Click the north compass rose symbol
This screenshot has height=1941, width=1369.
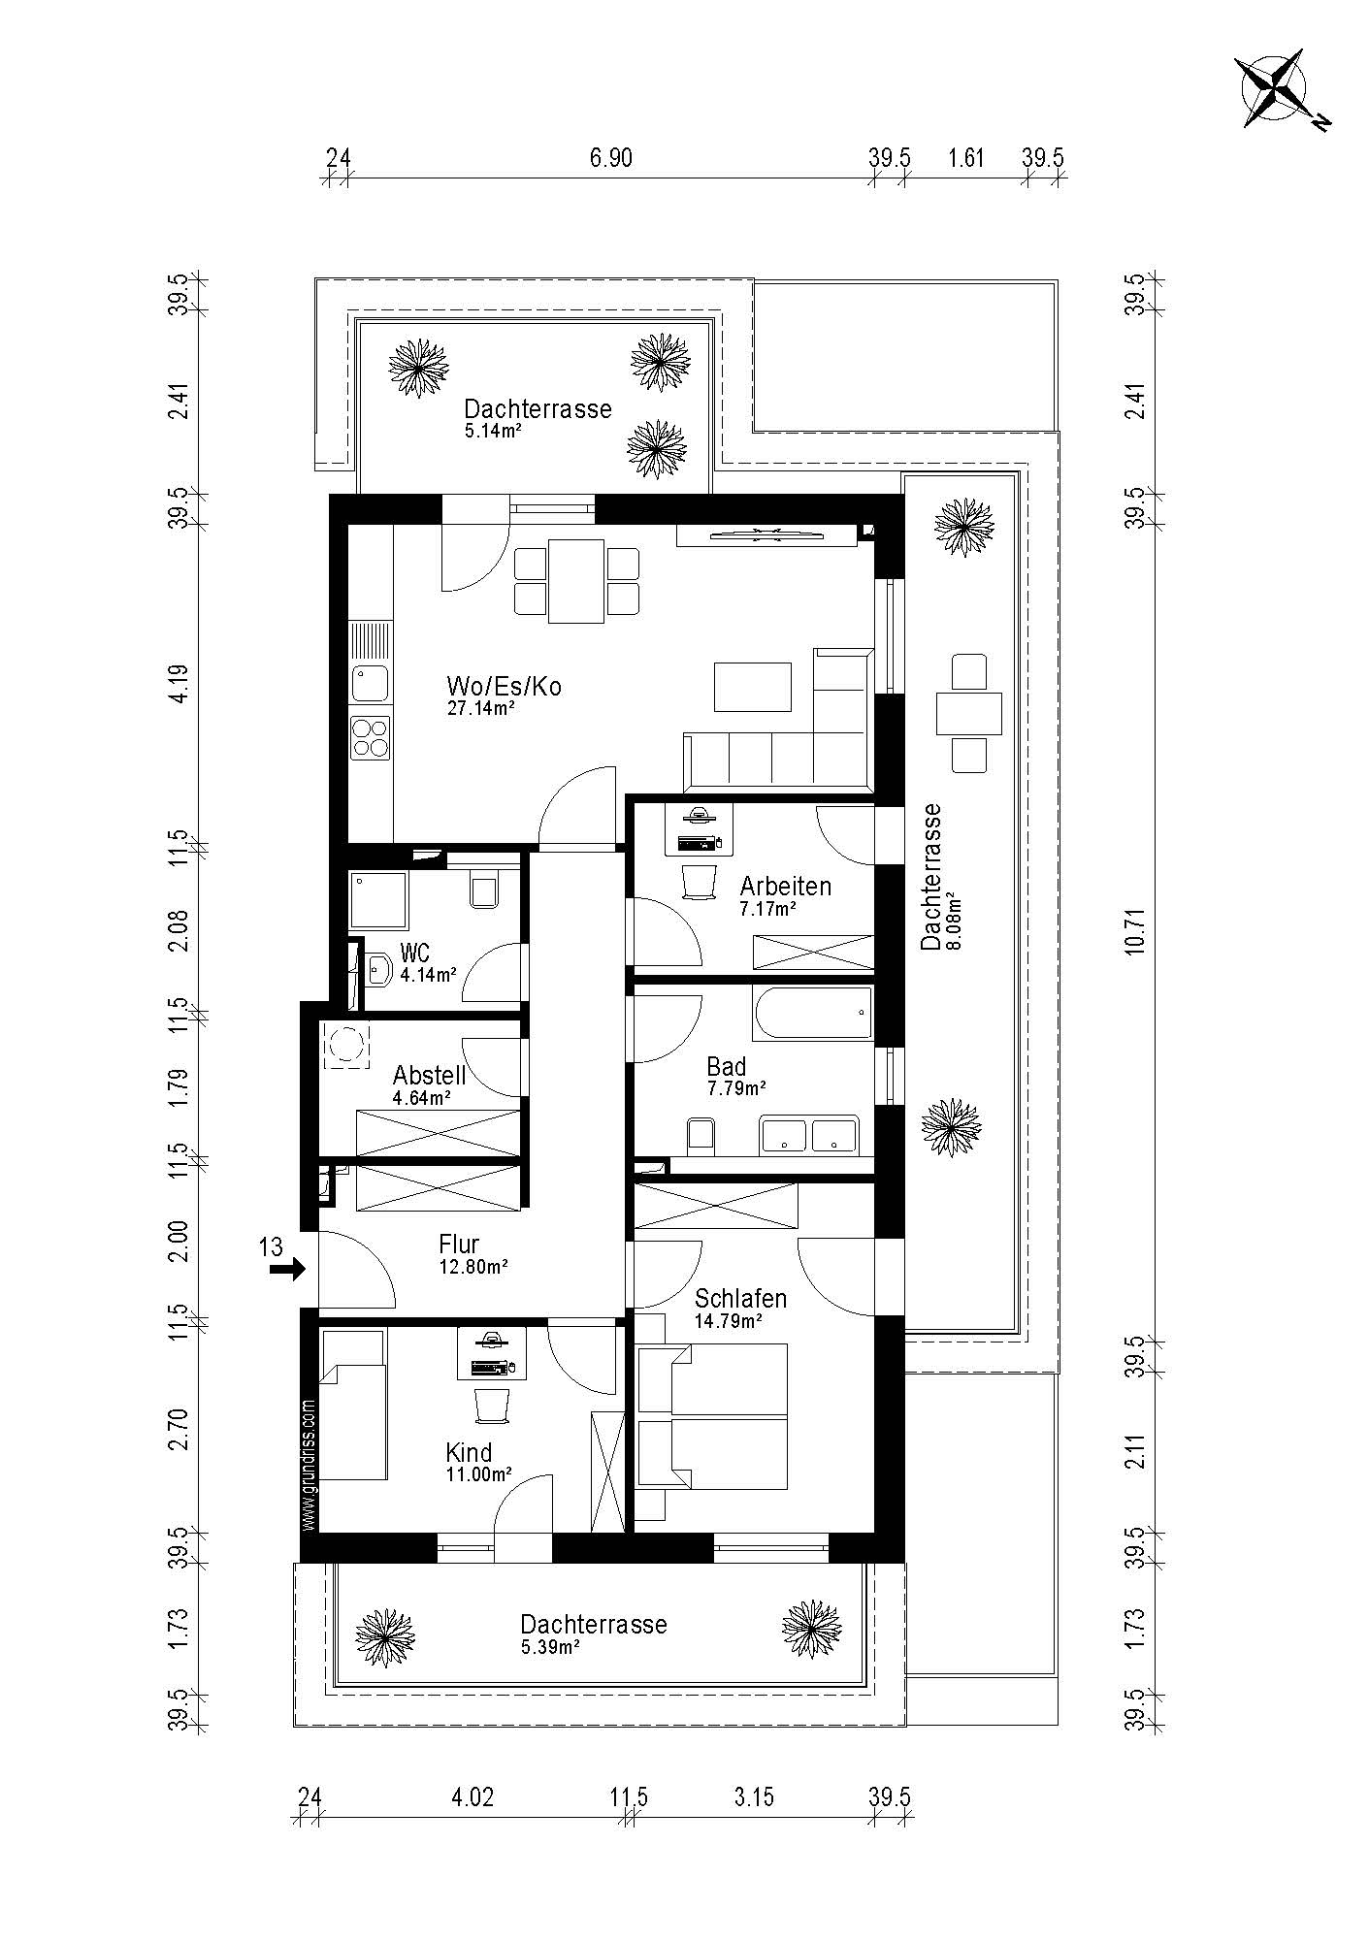1279,91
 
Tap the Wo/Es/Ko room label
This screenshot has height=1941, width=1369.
504,686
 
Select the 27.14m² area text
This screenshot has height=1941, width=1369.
480,708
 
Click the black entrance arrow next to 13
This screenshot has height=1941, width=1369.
287,1268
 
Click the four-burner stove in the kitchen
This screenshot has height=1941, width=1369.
371,736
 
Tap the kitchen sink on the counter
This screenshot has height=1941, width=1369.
371,684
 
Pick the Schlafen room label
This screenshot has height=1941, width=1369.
740,1298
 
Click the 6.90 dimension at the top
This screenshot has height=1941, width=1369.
611,157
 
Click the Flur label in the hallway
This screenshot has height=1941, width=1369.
459,1244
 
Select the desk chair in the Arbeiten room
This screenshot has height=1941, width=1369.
699,881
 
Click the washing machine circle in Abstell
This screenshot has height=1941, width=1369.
345,1046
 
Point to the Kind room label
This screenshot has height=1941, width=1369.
469,1452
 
